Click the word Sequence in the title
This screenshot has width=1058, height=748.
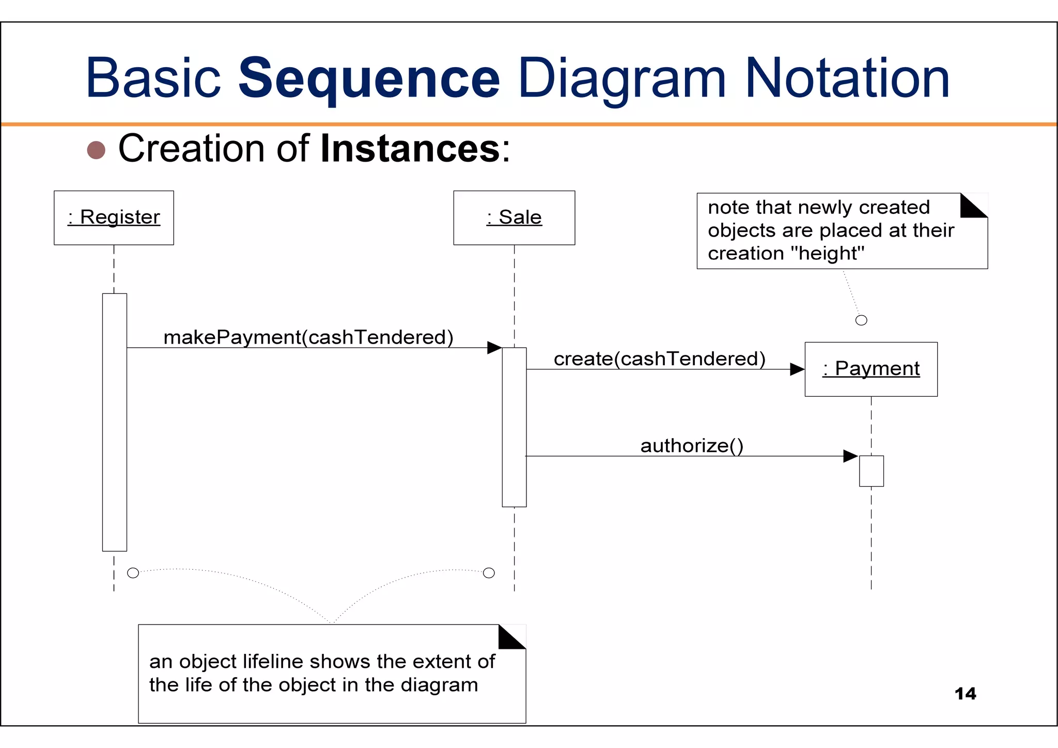(368, 79)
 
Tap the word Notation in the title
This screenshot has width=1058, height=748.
(847, 79)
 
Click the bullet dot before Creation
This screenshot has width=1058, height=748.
(96, 150)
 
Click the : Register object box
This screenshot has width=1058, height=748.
(114, 217)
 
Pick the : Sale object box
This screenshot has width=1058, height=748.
(514, 217)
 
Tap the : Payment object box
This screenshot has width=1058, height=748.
(871, 369)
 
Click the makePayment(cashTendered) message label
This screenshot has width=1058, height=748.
(308, 337)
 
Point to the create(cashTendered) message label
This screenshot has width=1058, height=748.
(660, 359)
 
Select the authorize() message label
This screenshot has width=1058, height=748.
(692, 446)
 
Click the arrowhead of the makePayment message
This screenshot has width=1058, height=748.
(494, 348)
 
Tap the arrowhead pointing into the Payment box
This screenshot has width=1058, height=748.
(797, 369)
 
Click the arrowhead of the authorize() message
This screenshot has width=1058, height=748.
(850, 456)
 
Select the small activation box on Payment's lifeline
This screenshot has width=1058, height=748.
(872, 471)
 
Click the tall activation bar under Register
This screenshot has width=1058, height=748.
(115, 422)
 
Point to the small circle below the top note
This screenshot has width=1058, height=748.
(861, 320)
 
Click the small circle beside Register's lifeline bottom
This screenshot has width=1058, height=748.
(133, 573)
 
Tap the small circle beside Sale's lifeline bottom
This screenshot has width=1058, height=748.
(489, 573)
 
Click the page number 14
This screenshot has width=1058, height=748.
(965, 694)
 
